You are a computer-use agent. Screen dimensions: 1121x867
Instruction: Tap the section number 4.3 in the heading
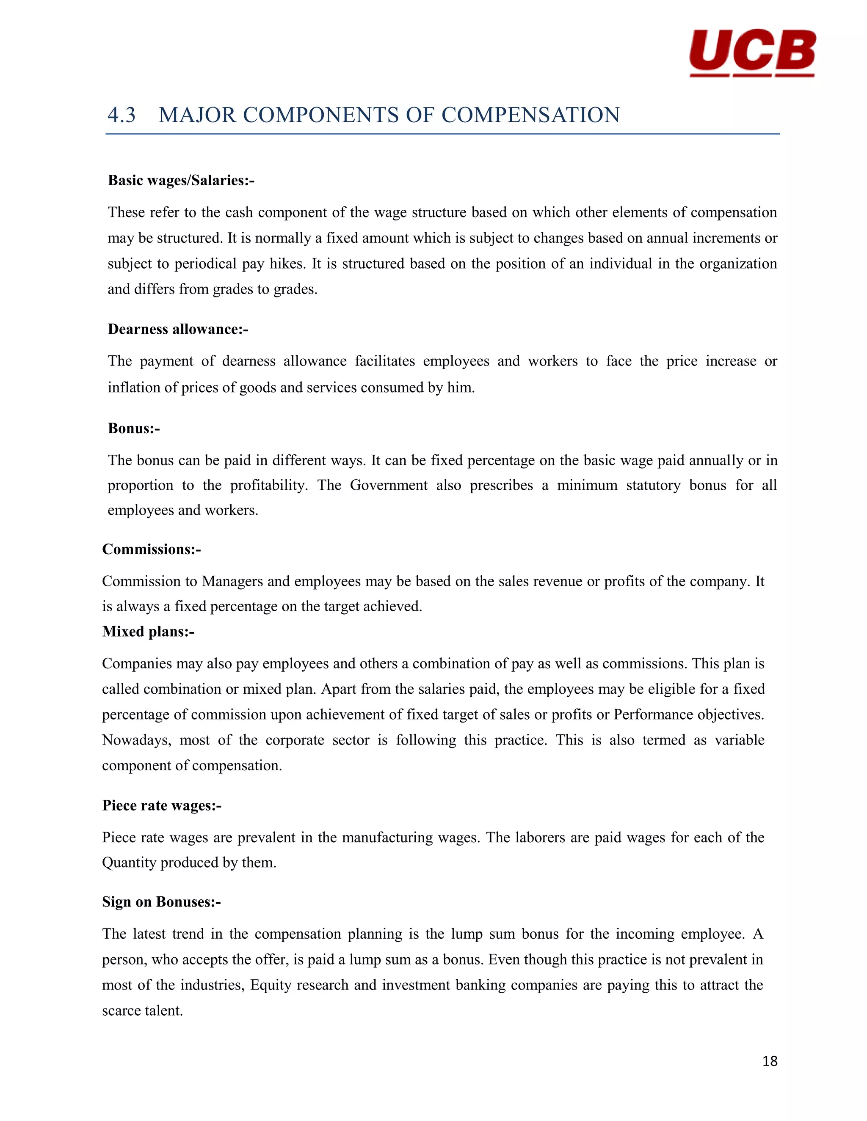tap(122, 115)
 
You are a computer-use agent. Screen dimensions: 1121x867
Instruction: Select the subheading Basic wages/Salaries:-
tap(181, 181)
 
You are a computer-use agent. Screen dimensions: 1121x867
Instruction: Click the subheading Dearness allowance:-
tap(178, 330)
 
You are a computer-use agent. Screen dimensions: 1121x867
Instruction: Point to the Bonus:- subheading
tap(133, 429)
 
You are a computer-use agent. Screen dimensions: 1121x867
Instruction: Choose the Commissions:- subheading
tap(152, 550)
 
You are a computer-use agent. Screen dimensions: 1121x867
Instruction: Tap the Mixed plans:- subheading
tap(148, 632)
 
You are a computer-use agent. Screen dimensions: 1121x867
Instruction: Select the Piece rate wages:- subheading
tap(162, 805)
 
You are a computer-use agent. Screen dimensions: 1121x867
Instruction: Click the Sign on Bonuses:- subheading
tap(161, 902)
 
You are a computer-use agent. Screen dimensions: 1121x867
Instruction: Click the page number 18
tap(769, 1061)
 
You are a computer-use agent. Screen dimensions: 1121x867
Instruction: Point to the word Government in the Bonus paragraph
tap(388, 486)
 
